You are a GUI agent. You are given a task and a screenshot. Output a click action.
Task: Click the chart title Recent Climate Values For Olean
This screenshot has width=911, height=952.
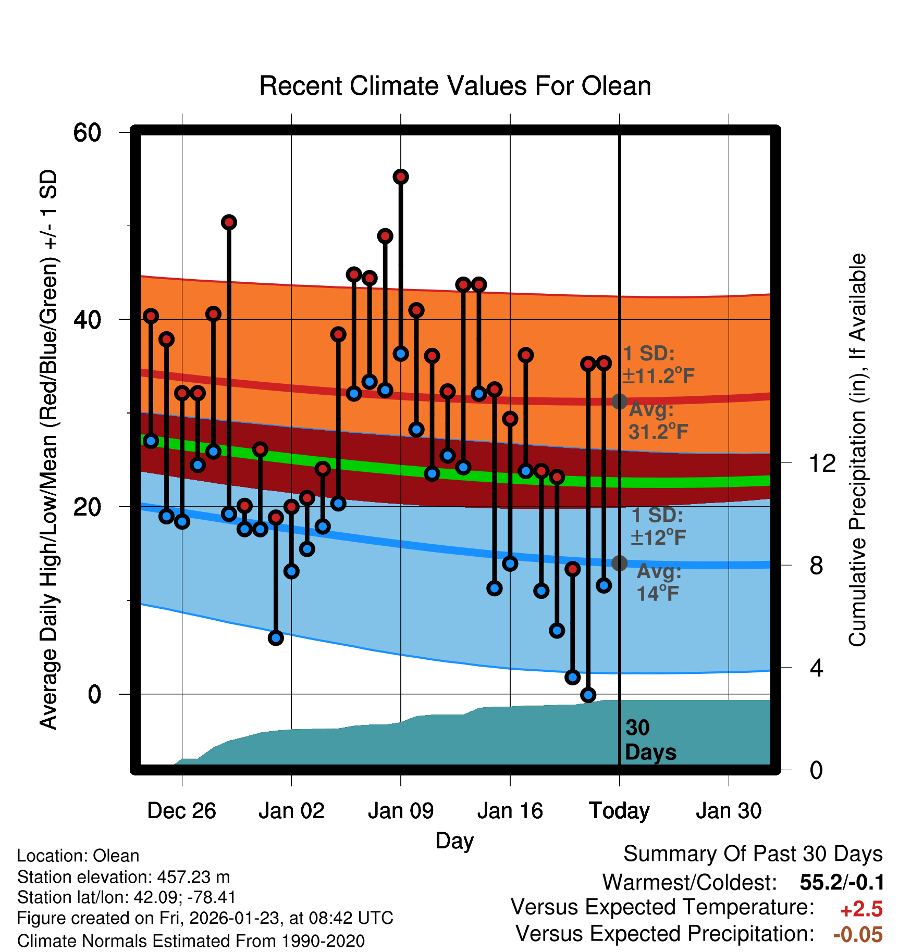click(x=455, y=86)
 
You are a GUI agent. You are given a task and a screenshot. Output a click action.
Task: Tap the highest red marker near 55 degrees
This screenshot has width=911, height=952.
click(x=401, y=177)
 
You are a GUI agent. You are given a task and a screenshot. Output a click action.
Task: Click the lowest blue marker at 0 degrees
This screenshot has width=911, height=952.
click(x=588, y=695)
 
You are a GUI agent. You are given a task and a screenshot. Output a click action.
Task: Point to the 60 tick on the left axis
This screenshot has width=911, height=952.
click(x=87, y=132)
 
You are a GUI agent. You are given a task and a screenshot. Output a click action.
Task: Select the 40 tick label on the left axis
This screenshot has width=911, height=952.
click(x=87, y=319)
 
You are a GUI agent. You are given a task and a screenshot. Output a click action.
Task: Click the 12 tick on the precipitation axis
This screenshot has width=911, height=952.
click(x=822, y=463)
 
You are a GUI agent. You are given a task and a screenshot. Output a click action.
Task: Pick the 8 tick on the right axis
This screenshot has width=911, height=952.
click(x=816, y=565)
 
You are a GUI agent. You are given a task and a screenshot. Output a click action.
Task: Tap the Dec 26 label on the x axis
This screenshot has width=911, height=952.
click(x=181, y=811)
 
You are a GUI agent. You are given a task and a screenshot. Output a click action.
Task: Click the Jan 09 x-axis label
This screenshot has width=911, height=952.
click(x=400, y=811)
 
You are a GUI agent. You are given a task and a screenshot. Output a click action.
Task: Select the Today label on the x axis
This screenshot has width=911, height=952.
click(x=619, y=811)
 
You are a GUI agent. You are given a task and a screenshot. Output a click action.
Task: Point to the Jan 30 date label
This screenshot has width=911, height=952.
click(x=729, y=811)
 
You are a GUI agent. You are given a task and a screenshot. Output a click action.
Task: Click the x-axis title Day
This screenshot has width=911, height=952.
click(x=454, y=841)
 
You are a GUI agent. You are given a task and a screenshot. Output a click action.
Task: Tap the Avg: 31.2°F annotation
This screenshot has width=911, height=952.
click(x=658, y=421)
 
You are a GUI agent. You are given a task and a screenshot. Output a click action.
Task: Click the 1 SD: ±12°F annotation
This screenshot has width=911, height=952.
click(x=658, y=526)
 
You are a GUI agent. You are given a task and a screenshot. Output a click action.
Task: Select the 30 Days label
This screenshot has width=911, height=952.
click(x=650, y=740)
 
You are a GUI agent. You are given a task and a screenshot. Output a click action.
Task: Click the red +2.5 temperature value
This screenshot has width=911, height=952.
click(x=861, y=909)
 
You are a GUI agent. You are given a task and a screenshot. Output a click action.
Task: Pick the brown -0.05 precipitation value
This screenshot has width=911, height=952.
click(x=858, y=935)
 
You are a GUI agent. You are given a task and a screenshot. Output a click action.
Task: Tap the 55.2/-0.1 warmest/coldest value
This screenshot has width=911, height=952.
click(x=842, y=882)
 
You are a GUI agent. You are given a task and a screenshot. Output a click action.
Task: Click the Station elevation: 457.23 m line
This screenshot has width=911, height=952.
click(x=124, y=877)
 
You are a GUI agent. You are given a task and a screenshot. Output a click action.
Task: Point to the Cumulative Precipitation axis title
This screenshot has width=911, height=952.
click(x=857, y=450)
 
